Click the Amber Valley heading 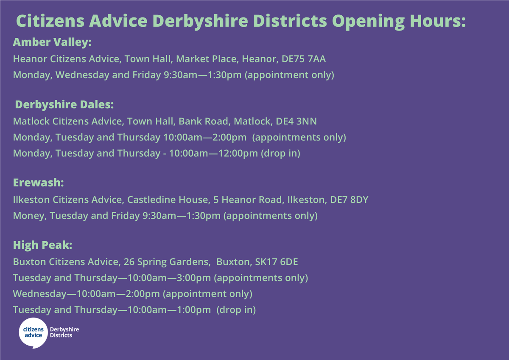click(52, 42)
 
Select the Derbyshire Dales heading click(64, 104)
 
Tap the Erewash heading click(38, 183)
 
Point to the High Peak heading click(42, 245)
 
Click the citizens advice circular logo click(33, 332)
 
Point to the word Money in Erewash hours click(29, 216)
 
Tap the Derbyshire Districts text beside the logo click(64, 332)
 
